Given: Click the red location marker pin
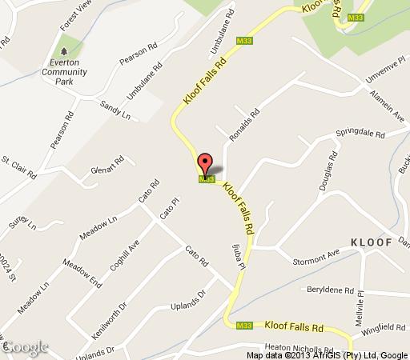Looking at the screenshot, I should coord(204,164).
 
